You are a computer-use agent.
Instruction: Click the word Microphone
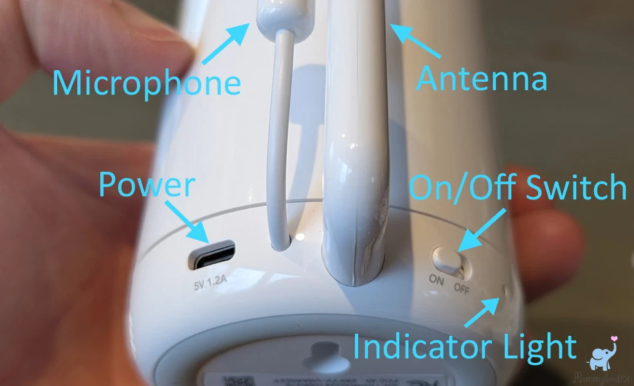tap(146, 82)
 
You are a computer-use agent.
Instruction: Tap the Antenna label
tap(482, 78)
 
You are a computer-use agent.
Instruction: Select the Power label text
tap(146, 185)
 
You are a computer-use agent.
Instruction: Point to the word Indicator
tap(422, 346)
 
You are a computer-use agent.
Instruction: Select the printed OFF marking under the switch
tap(462, 288)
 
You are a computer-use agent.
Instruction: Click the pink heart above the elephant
tap(615, 338)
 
